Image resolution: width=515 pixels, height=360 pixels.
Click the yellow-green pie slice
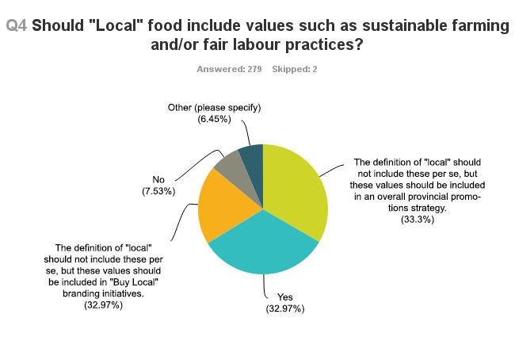click(x=297, y=190)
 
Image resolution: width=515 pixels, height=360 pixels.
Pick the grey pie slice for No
click(x=230, y=162)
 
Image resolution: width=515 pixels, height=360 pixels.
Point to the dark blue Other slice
click(x=251, y=155)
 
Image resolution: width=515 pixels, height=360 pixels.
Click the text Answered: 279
click(x=231, y=69)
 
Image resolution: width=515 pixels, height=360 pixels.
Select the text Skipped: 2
click(x=295, y=69)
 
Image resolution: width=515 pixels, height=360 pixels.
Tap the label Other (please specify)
click(x=214, y=107)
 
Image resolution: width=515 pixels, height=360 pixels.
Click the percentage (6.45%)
click(x=214, y=119)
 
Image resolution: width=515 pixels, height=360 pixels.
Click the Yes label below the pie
click(x=284, y=298)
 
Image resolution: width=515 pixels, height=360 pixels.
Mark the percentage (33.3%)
click(x=418, y=220)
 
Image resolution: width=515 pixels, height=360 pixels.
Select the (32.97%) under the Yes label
click(x=284, y=309)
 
